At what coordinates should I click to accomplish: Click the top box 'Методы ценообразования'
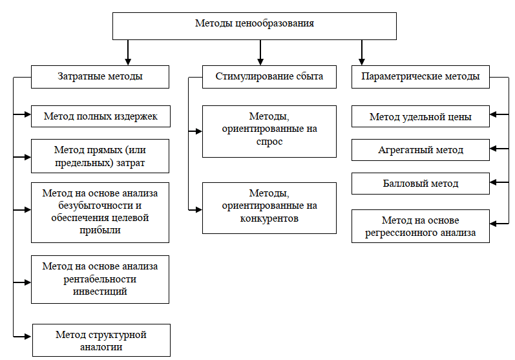[x=255, y=26]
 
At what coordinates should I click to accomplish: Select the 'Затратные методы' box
[x=100, y=77]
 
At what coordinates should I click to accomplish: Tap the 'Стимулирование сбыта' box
[x=269, y=77]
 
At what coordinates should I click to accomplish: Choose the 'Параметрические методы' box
[x=421, y=77]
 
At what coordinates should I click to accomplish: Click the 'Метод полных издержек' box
[x=101, y=116]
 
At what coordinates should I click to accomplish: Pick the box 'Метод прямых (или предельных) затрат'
[x=100, y=156]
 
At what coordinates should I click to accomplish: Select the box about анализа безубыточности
[x=100, y=213]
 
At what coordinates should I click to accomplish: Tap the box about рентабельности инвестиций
[x=100, y=279]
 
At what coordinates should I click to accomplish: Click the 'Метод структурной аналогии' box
[x=101, y=341]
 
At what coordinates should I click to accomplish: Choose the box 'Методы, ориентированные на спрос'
[x=269, y=131]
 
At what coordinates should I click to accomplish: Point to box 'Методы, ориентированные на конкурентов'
[x=269, y=208]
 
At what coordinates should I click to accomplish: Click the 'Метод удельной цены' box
[x=421, y=116]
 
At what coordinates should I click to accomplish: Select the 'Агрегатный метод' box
[x=421, y=150]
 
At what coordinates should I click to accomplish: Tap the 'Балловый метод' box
[x=421, y=184]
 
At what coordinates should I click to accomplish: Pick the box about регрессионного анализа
[x=421, y=226]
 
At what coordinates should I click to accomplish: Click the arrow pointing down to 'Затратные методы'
[x=128, y=52]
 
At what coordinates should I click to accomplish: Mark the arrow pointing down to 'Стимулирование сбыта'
[x=260, y=52]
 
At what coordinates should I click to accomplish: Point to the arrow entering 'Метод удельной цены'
[x=499, y=114]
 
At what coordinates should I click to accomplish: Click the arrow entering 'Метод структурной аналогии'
[x=23, y=336]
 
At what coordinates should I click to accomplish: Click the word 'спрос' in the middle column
[x=269, y=142]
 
